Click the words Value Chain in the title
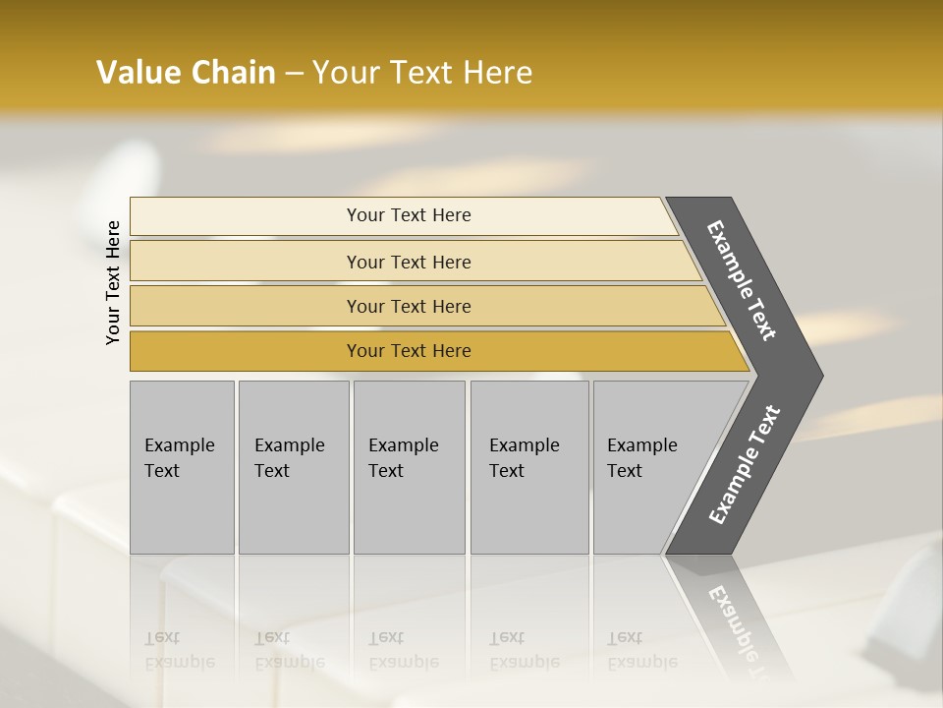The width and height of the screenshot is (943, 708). [x=186, y=73]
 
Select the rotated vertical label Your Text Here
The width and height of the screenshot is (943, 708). [x=113, y=282]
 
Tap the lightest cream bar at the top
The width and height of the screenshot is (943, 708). [x=246, y=216]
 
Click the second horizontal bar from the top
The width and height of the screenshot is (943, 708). [x=246, y=262]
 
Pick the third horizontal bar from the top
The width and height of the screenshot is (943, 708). [x=246, y=306]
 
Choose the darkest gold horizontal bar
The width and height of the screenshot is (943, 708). [x=246, y=351]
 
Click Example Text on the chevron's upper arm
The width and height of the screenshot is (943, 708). [x=742, y=280]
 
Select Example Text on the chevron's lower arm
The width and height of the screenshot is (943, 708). [x=745, y=464]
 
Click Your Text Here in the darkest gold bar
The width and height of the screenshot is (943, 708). [x=409, y=351]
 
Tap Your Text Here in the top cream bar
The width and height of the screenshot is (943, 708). [x=409, y=215]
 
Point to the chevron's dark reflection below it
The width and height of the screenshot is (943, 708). [x=732, y=619]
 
